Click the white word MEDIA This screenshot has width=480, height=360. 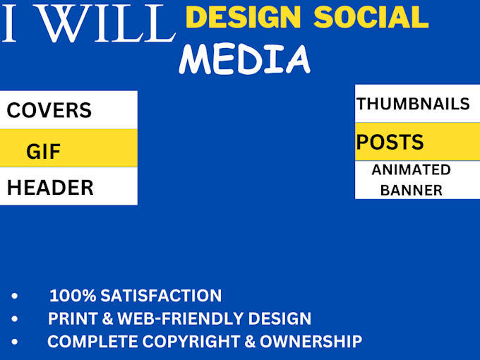point(244,59)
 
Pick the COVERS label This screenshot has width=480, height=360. point(49,110)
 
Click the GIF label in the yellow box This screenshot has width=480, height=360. point(44,150)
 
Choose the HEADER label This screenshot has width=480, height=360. point(50,188)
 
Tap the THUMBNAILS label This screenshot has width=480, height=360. point(413,104)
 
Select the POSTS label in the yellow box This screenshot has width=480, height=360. point(390,142)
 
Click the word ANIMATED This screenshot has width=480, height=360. point(411,169)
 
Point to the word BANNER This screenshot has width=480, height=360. point(411,190)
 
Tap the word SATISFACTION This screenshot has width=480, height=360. point(161,296)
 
